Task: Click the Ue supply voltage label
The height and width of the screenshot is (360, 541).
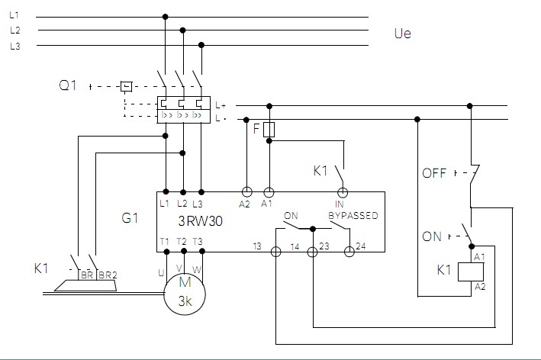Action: (x=403, y=34)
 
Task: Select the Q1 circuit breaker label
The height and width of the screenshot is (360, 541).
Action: (x=69, y=86)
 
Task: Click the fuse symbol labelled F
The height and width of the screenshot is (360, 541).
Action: (x=268, y=130)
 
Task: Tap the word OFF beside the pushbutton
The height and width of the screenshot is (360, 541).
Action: (x=434, y=173)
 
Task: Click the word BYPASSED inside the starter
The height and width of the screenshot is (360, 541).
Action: (x=353, y=216)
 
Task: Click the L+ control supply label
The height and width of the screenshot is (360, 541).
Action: (x=221, y=105)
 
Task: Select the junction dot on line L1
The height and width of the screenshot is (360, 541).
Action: (x=166, y=16)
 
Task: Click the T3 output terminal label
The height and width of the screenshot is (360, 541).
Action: (x=198, y=242)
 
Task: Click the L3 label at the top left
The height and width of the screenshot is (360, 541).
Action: (x=15, y=46)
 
